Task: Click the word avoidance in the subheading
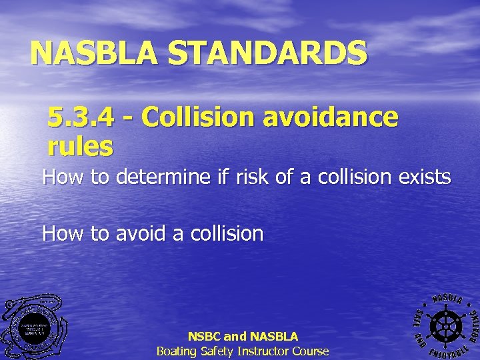tap(331, 117)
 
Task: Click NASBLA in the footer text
tap(273, 337)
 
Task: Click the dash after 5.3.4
tap(127, 119)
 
